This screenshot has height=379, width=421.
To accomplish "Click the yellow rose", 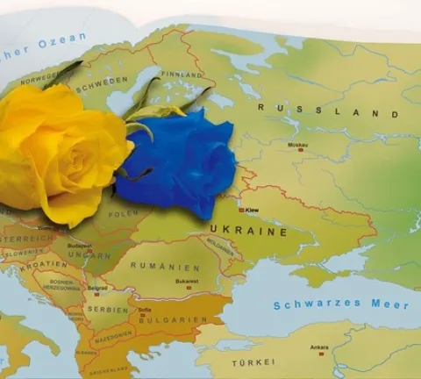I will click(57, 149).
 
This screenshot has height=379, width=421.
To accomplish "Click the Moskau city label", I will click(297, 144).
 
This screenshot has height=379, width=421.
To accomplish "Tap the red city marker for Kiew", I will click(241, 210).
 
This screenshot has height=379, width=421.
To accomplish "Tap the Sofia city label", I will click(146, 310).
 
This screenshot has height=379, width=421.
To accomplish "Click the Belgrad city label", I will click(97, 288).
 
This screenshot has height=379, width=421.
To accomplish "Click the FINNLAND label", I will click(182, 75).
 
